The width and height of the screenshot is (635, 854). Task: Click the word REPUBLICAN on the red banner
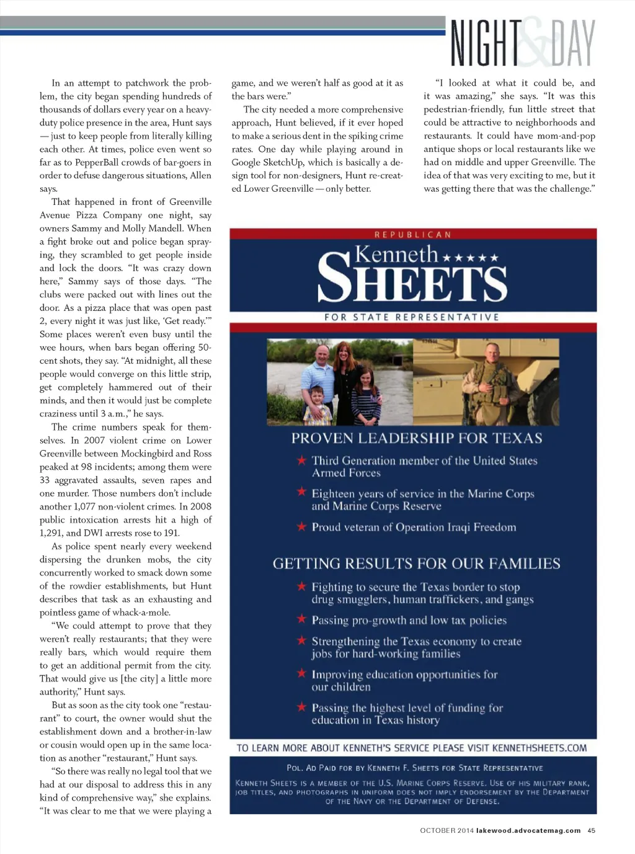(x=413, y=235)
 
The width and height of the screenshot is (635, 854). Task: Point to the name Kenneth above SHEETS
(x=396, y=254)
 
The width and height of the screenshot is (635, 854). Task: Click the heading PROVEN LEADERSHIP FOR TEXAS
(x=417, y=438)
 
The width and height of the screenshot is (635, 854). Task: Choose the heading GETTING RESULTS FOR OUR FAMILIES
(x=416, y=564)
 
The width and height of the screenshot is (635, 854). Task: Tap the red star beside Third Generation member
(x=301, y=461)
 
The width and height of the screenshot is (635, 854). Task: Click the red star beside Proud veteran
(x=301, y=527)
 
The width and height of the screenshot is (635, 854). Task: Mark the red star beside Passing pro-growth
(x=301, y=619)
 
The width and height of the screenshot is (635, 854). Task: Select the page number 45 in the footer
(x=592, y=830)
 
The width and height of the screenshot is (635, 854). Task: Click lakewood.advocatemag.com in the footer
(x=528, y=830)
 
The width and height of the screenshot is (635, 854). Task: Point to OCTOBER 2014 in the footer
(x=446, y=830)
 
